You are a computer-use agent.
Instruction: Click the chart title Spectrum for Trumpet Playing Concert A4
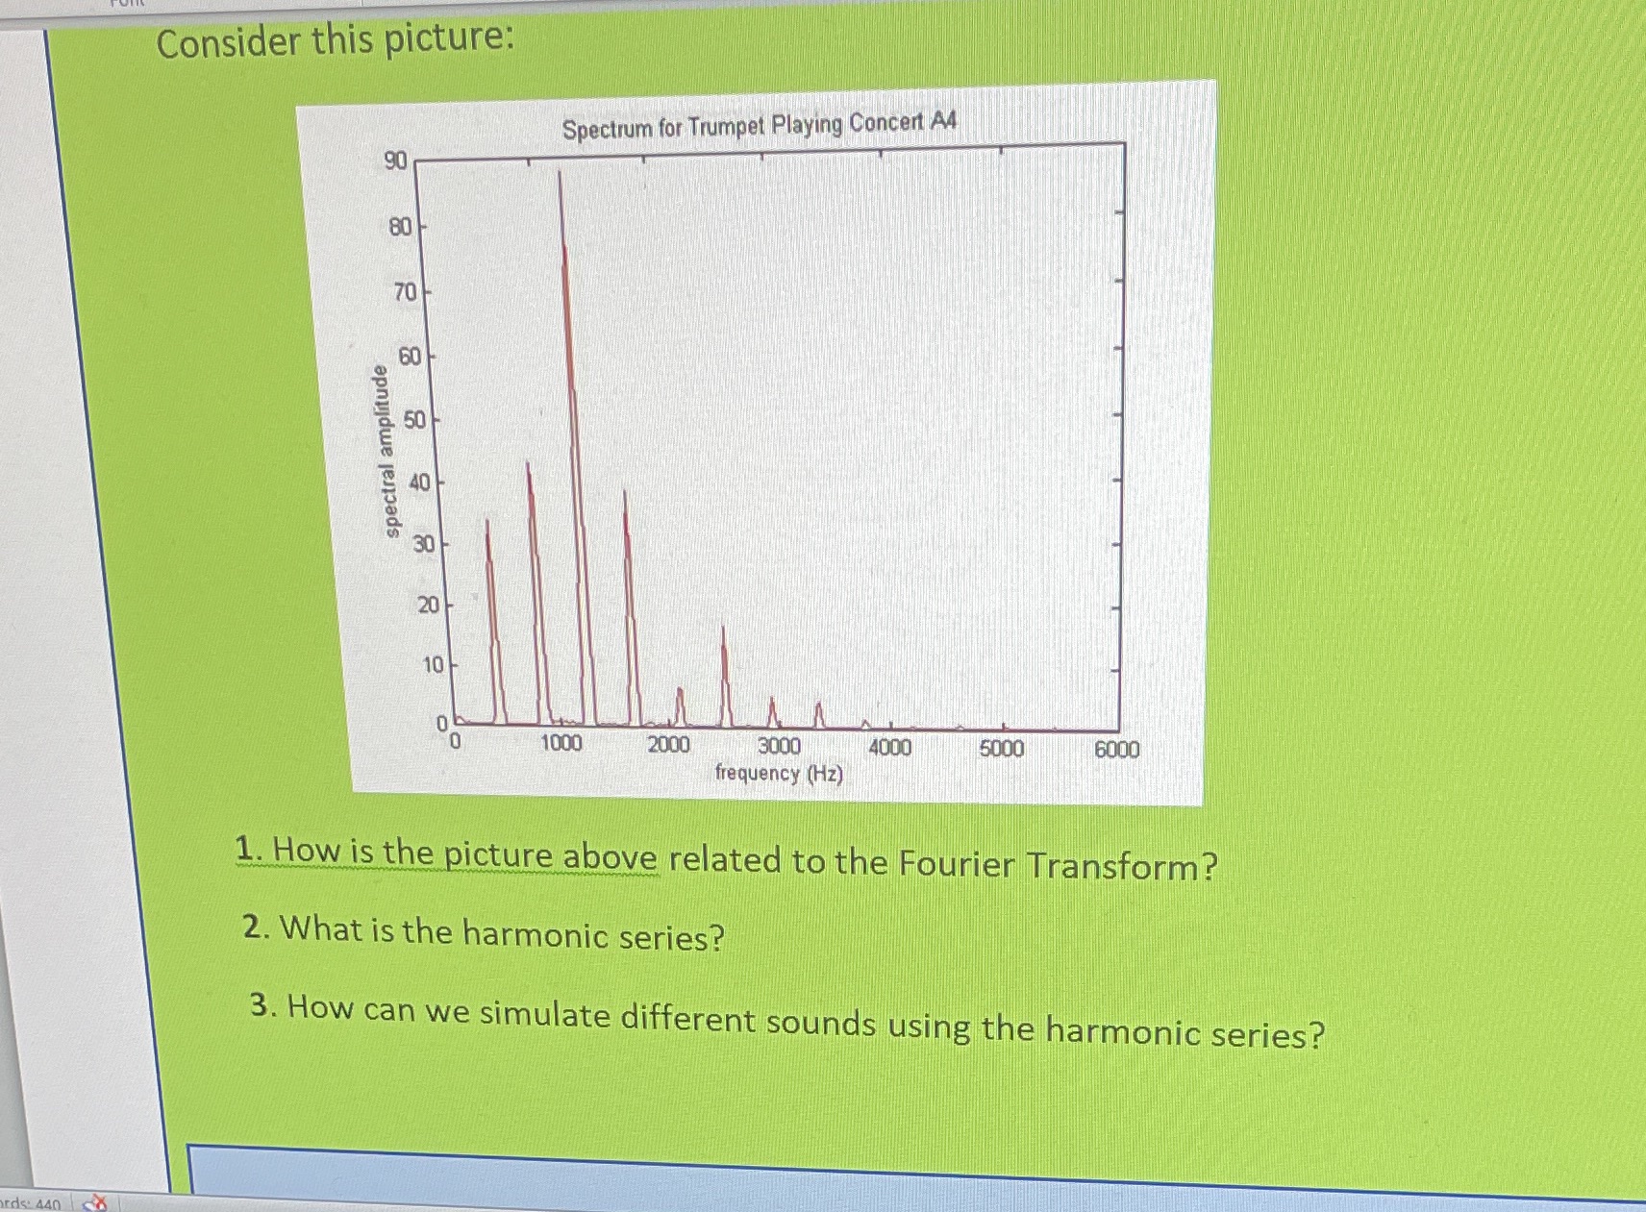click(760, 126)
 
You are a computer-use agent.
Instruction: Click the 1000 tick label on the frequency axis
click(561, 743)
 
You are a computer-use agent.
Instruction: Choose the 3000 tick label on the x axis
click(779, 746)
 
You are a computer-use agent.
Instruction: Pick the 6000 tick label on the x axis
click(1117, 750)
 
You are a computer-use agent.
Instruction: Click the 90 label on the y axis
click(395, 161)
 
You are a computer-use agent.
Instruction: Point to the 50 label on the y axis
click(414, 421)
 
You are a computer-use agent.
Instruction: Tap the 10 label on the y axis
click(433, 665)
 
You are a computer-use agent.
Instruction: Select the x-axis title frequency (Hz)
click(779, 774)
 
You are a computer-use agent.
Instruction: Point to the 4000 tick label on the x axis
click(890, 748)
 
